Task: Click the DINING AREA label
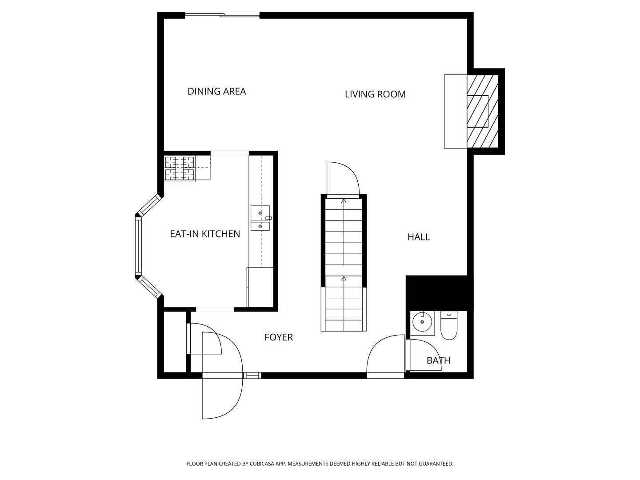click(216, 92)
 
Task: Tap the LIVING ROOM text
click(375, 94)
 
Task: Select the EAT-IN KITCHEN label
click(205, 234)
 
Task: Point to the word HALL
click(419, 237)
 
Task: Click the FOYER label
click(279, 337)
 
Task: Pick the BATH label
click(439, 360)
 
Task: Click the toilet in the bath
click(449, 325)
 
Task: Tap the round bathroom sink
click(422, 322)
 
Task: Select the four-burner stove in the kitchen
click(180, 169)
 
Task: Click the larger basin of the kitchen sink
click(260, 213)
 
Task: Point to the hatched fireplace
click(482, 111)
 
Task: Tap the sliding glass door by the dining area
click(222, 15)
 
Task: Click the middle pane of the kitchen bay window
click(138, 246)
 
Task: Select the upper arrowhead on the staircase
click(344, 201)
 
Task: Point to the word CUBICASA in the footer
click(262, 464)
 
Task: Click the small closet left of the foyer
click(175, 342)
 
